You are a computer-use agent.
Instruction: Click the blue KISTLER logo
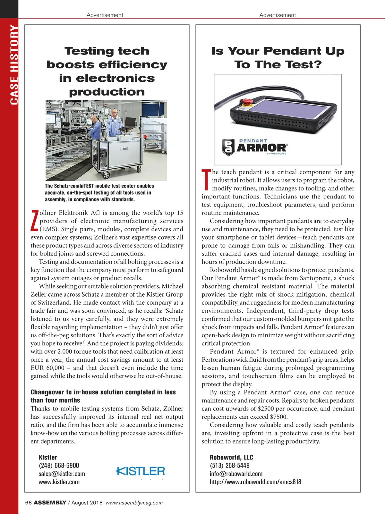140,471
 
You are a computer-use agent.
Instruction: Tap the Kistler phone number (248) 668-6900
59,466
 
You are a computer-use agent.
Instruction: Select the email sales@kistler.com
62,474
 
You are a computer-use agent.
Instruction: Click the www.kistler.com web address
59,482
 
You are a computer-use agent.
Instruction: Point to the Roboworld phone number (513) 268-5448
229,466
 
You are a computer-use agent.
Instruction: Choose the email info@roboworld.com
236,474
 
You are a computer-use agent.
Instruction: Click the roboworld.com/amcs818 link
255,482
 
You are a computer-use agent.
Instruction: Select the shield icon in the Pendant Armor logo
228,147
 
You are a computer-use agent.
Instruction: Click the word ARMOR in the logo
261,148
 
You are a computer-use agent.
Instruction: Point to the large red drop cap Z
35,221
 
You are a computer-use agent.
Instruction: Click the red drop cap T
206,180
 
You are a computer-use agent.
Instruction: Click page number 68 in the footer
28,503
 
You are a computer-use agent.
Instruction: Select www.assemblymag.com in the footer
134,503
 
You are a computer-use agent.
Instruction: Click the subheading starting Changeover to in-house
103,396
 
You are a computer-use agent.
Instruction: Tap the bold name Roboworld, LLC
231,457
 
